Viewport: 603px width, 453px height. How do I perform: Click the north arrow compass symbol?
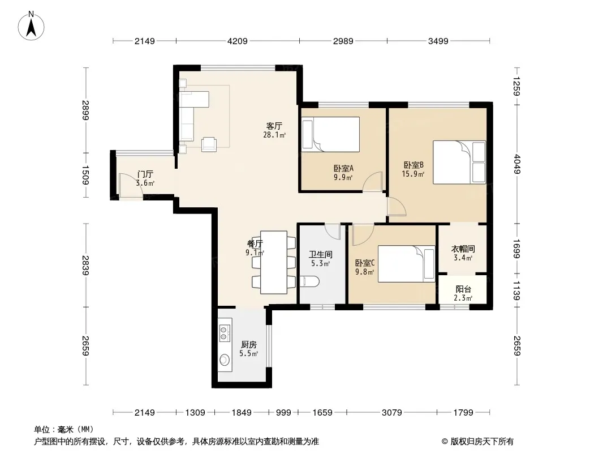(31, 25)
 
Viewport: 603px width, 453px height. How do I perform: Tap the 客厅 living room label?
(274, 126)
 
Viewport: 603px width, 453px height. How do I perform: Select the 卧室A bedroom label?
(343, 168)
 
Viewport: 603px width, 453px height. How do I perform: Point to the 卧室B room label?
(414, 165)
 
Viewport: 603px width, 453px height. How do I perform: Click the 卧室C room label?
(364, 263)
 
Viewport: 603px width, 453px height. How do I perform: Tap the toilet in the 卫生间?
(309, 281)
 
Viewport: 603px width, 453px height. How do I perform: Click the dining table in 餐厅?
(273, 263)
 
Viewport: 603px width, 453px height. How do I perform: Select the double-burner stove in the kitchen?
(224, 334)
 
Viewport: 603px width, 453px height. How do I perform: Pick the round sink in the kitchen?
(224, 360)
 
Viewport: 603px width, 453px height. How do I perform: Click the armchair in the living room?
(209, 144)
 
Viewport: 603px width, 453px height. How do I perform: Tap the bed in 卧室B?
(459, 162)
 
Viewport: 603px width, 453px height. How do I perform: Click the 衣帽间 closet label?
(463, 249)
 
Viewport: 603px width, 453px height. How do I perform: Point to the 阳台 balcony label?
(463, 289)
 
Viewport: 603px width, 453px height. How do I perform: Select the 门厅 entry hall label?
(145, 174)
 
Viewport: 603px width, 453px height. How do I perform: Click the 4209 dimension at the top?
(237, 41)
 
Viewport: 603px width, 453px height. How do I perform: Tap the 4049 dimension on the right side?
(517, 164)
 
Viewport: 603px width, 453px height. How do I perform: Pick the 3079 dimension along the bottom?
(391, 413)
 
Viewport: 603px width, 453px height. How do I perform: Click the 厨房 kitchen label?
(249, 344)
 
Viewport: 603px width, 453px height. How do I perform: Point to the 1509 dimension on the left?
(85, 175)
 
